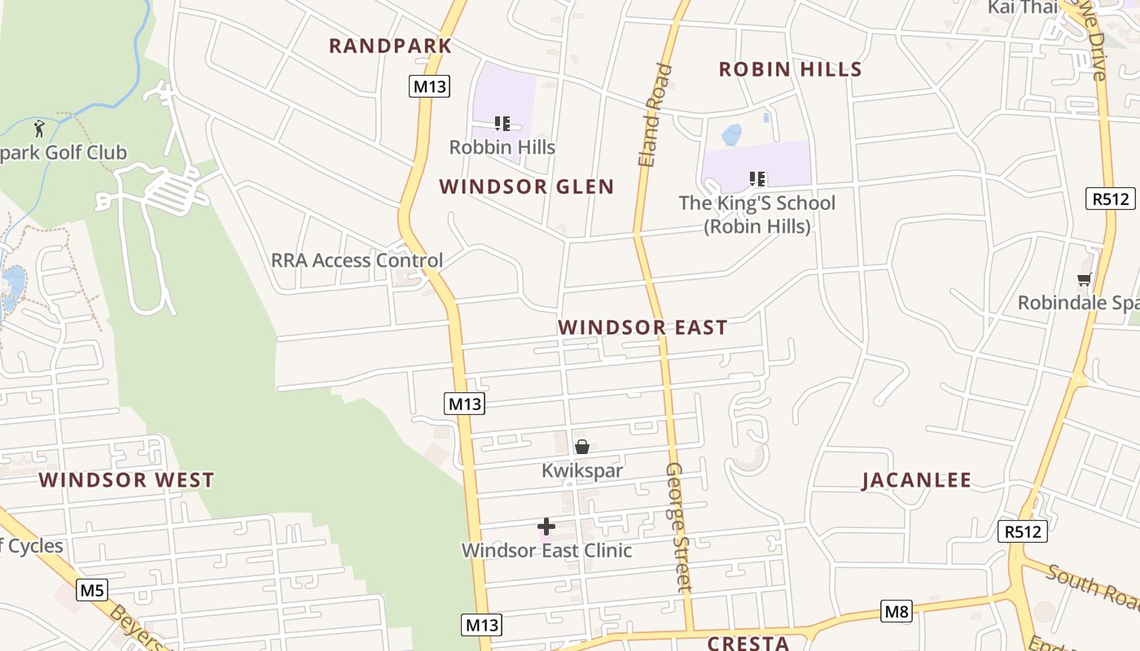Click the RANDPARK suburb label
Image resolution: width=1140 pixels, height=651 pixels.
pyautogui.click(x=390, y=46)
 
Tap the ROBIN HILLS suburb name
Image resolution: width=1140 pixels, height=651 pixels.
pyautogui.click(x=790, y=70)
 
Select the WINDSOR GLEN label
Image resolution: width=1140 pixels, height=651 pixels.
pyautogui.click(x=527, y=187)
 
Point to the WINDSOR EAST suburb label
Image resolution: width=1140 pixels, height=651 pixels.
pyautogui.click(x=642, y=328)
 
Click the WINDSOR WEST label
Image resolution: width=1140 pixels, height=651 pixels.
pyautogui.click(x=127, y=480)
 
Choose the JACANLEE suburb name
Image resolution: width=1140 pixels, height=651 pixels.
pyautogui.click(x=917, y=481)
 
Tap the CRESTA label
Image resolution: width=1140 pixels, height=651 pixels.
pyautogui.click(x=748, y=643)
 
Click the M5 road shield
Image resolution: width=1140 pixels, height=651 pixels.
pyautogui.click(x=92, y=590)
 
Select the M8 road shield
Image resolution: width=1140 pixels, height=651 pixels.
pyautogui.click(x=896, y=611)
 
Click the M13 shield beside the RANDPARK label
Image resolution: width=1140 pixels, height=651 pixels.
pyautogui.click(x=429, y=86)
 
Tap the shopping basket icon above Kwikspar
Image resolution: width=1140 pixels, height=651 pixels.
pyautogui.click(x=582, y=447)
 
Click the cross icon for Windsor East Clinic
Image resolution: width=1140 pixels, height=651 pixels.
pyautogui.click(x=546, y=526)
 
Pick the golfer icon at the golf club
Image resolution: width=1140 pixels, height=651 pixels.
pyautogui.click(x=39, y=128)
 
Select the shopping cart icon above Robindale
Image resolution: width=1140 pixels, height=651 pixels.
pyautogui.click(x=1084, y=280)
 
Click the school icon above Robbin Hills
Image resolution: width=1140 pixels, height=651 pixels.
pyautogui.click(x=502, y=124)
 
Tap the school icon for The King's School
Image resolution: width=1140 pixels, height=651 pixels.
pyautogui.click(x=757, y=179)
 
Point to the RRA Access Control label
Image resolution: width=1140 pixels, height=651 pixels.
pyautogui.click(x=357, y=260)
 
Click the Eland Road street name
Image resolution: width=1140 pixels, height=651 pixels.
pyautogui.click(x=655, y=116)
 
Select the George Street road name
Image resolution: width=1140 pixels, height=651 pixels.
pyautogui.click(x=678, y=526)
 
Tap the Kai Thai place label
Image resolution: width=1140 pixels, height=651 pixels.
pyautogui.click(x=1022, y=7)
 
